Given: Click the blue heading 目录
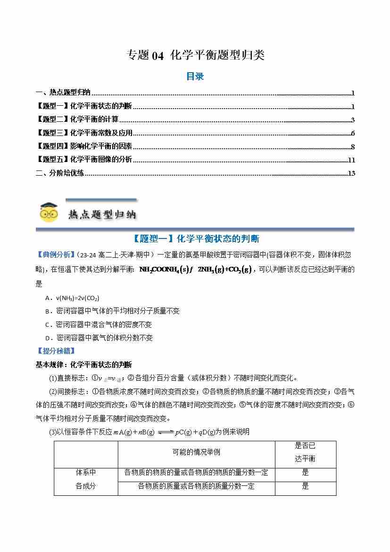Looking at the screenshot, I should tap(195, 76).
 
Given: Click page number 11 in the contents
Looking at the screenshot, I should tap(351, 160).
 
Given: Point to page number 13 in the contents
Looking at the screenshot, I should tap(351, 173).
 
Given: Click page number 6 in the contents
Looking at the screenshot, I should tap(353, 133).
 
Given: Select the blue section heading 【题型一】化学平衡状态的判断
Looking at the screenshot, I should tap(195, 239).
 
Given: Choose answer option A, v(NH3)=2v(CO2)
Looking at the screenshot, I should tap(72, 298).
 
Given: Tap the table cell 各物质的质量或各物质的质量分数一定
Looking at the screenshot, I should tap(196, 486).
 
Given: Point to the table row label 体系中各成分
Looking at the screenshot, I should tap(86, 479).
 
